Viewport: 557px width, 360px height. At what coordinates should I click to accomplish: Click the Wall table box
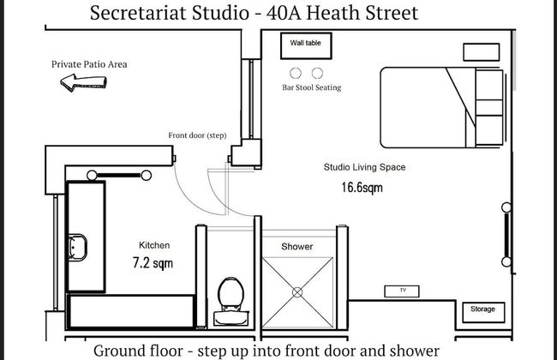coord(306,45)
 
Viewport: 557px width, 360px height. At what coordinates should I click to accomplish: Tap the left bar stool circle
coord(296,73)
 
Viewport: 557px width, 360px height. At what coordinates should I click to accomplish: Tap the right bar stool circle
coord(317,73)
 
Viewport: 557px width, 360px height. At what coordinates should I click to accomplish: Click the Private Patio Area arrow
coord(83,82)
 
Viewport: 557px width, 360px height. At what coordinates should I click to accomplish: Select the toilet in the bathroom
coord(231,302)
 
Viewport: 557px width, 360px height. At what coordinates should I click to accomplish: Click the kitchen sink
coord(77,248)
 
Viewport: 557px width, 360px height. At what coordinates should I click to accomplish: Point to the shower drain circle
coord(297,292)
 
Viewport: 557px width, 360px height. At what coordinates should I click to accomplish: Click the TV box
coord(402,291)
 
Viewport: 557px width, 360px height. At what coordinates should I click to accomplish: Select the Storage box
coord(483,312)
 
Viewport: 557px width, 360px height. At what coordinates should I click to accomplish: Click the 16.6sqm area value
coord(362,187)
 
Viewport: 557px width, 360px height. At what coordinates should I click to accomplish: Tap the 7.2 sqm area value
coord(153,263)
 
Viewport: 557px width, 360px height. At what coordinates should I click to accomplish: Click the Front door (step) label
coord(197,135)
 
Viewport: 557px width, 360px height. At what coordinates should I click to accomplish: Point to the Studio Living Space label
coord(364,167)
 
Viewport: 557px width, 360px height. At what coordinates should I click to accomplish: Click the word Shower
coord(297,247)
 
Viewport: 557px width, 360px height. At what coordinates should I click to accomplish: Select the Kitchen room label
coord(154,245)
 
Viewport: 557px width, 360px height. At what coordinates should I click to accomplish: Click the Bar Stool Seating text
coord(312,87)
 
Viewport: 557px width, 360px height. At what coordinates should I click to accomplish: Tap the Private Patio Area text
coord(89,64)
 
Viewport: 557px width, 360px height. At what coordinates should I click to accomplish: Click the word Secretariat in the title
coord(138,13)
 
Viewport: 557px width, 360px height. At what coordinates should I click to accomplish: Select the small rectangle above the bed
coord(482,52)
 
